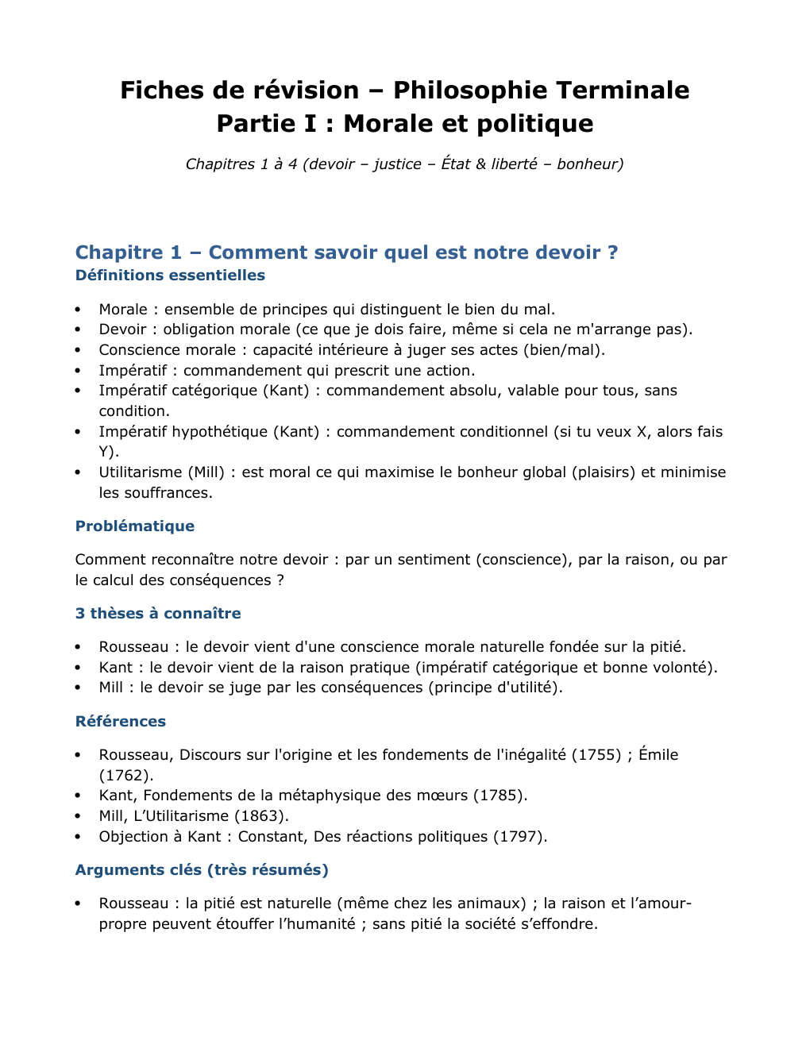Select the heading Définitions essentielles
170,275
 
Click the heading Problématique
135,526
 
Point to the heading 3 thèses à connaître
158,614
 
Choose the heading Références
121,722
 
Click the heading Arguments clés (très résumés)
202,870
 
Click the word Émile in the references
658,755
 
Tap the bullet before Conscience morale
78,350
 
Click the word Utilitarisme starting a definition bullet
141,472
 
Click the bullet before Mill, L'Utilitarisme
78,816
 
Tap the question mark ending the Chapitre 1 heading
612,252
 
